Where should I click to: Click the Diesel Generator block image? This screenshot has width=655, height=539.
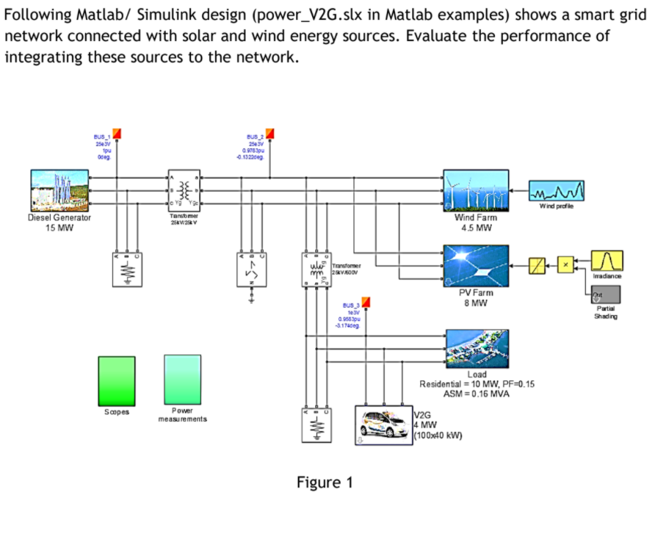[59, 191]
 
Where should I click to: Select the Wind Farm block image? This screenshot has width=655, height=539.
[475, 191]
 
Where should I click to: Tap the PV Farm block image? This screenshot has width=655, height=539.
[475, 265]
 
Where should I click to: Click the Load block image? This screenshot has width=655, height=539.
[475, 349]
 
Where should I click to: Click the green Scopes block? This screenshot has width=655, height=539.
[116, 381]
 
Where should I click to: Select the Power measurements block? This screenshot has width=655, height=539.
[182, 380]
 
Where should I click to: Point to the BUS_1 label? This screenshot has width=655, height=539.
[101, 137]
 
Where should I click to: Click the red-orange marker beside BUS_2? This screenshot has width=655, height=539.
[269, 133]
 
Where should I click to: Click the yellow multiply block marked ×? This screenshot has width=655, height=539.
[565, 261]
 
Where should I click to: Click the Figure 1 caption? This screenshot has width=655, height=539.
[325, 482]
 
